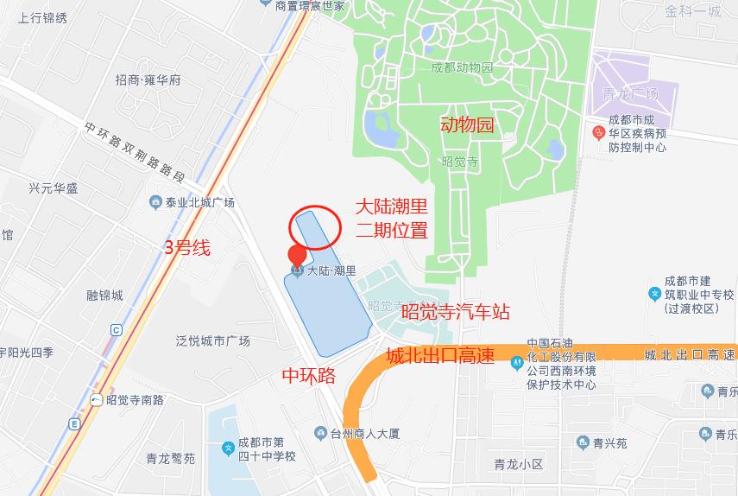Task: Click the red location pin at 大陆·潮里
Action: pos(297,255)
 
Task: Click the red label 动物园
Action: pos(467,125)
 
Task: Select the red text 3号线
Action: pos(187,248)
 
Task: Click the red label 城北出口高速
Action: pos(439,355)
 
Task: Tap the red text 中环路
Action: pos(309,376)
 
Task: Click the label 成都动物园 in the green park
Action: pos(463,67)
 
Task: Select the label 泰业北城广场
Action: pos(199,203)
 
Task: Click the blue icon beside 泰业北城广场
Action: pos(155,202)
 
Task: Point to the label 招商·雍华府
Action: pos(148,80)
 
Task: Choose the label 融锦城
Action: pos(104,296)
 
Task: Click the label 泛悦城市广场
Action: pos(212,340)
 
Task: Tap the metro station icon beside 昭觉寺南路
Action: pos(96,399)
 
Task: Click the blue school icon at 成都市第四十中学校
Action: pos(228,448)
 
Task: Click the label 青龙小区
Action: pos(517,464)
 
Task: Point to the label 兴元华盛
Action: pos(53,188)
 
